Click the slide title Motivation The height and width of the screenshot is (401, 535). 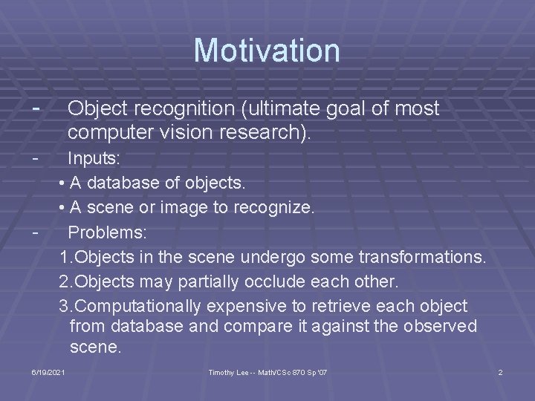coord(267,50)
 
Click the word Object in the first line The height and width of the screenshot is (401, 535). coord(94,109)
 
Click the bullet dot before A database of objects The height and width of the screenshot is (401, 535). coord(63,183)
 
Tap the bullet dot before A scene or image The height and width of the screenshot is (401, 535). coord(63,208)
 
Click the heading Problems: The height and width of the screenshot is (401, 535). coord(108,232)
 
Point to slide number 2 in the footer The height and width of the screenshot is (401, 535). coord(500,371)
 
